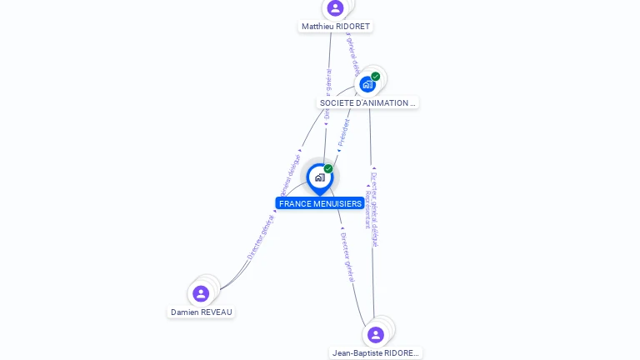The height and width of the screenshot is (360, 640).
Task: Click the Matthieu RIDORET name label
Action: (x=336, y=27)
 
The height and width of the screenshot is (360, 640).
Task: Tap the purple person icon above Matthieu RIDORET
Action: (x=336, y=8)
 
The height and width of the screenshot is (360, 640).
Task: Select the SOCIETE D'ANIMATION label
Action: (x=367, y=103)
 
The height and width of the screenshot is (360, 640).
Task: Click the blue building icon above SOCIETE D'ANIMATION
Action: (x=367, y=84)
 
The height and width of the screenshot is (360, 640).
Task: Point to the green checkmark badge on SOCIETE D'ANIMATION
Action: (x=376, y=77)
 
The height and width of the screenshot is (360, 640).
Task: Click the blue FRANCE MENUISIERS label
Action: (x=320, y=203)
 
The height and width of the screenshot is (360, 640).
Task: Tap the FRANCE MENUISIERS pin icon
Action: (x=319, y=177)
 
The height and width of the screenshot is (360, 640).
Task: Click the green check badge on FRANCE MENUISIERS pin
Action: (x=328, y=169)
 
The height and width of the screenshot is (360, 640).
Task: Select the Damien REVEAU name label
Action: (x=201, y=312)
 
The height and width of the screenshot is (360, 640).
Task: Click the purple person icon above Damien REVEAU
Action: (x=201, y=293)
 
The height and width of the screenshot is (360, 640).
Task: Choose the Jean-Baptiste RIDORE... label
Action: (x=375, y=352)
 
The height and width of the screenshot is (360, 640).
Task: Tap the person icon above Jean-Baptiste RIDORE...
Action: (x=375, y=334)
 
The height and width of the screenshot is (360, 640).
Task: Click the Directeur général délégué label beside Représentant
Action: (x=375, y=208)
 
